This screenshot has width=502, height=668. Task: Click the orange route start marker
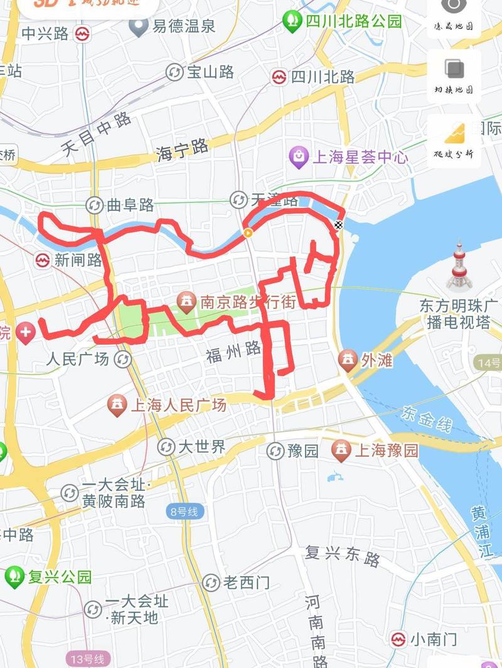click(x=248, y=234)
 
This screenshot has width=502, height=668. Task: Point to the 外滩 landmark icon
click(x=347, y=360)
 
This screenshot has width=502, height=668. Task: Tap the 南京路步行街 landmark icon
click(x=186, y=303)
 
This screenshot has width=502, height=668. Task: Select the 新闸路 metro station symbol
click(x=43, y=260)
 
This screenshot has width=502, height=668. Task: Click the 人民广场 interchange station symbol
click(x=123, y=359)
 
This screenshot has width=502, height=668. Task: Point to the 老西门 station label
click(x=246, y=583)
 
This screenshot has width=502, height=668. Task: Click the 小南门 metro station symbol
click(x=398, y=639)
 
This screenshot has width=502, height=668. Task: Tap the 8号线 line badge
click(x=184, y=512)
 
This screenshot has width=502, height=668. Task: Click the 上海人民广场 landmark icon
click(x=117, y=405)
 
